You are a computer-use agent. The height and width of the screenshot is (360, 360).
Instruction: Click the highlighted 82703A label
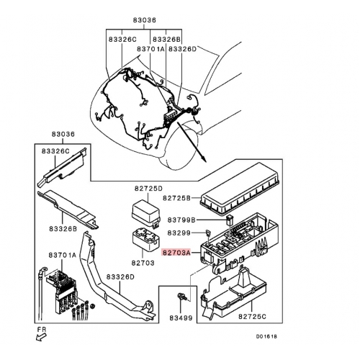[x=176, y=253]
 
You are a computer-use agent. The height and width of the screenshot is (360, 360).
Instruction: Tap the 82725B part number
[x=176, y=198]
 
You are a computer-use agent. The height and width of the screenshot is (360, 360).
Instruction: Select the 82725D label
[x=148, y=189]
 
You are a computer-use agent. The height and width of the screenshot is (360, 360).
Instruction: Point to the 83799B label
[x=181, y=220]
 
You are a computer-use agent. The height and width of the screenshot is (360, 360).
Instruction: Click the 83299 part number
[x=179, y=233]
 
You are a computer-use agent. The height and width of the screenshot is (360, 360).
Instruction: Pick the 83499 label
[x=181, y=318]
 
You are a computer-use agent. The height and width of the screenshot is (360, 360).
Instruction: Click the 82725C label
[x=252, y=317]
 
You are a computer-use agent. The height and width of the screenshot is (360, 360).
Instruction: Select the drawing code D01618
[x=266, y=336]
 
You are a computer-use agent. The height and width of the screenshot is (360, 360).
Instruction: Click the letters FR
[x=42, y=330]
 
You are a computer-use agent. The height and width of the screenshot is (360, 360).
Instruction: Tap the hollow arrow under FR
[x=41, y=337]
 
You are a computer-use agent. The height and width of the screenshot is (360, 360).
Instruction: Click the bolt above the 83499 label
[x=181, y=297]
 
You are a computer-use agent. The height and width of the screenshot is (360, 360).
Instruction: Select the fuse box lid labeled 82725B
[x=240, y=189]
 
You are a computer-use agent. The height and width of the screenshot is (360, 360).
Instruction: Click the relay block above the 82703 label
[x=145, y=240]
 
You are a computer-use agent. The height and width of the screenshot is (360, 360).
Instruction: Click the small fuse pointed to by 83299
[x=208, y=233]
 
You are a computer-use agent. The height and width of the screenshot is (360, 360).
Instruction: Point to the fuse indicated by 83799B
[x=230, y=220]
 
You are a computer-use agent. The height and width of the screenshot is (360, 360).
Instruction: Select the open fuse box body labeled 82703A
[x=239, y=243]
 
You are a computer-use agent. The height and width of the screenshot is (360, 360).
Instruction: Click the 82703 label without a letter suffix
[x=143, y=263]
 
